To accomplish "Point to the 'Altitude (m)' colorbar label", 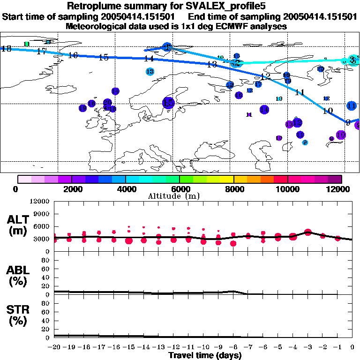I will click(168, 195).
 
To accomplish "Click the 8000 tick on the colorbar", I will click(234, 189).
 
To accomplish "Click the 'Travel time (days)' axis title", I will click(205, 356).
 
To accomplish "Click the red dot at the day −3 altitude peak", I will click(308, 232).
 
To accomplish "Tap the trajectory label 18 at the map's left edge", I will click(7, 48).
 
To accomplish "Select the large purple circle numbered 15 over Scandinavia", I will click(168, 103).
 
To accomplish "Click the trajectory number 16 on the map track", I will click(73, 55).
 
